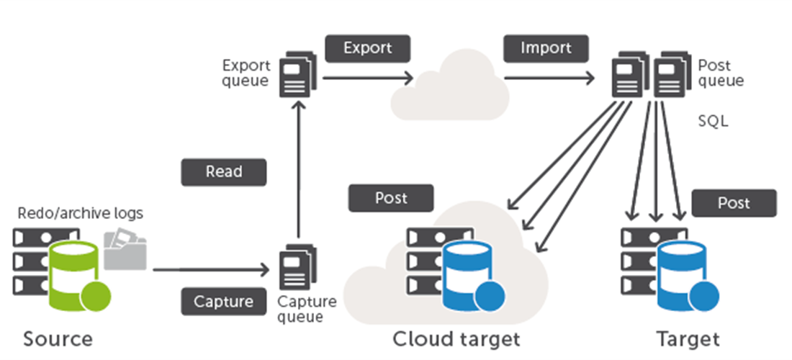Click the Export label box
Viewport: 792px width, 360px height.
tap(367, 49)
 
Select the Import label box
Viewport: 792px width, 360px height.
tap(546, 49)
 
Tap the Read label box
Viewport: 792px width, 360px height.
tap(224, 172)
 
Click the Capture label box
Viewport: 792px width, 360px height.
tap(224, 302)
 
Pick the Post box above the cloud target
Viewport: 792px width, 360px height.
tap(391, 198)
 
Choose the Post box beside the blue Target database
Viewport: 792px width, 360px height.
tap(734, 203)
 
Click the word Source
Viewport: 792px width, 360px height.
tap(58, 338)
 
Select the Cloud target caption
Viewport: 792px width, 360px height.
tap(456, 338)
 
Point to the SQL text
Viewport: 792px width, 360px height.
tap(713, 121)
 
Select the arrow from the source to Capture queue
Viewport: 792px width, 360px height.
tap(209, 270)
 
